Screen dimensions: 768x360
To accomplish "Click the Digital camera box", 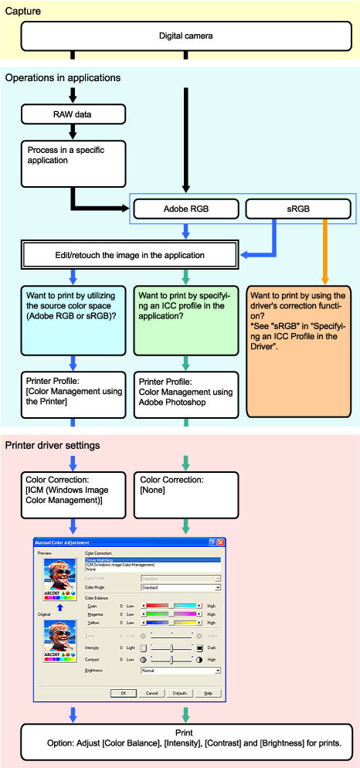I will pos(185,36).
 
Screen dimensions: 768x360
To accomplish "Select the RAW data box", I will pos(73,115).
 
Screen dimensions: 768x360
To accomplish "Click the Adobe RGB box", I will pos(185,208).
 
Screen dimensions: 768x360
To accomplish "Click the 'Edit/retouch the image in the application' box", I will pos(127,254).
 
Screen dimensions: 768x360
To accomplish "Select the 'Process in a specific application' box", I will pos(73,163).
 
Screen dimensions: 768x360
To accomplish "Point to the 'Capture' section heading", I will pos(23,12).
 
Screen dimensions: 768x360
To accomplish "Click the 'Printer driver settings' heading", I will pos(53,446).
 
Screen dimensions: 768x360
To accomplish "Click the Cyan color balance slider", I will pos(172,607).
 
